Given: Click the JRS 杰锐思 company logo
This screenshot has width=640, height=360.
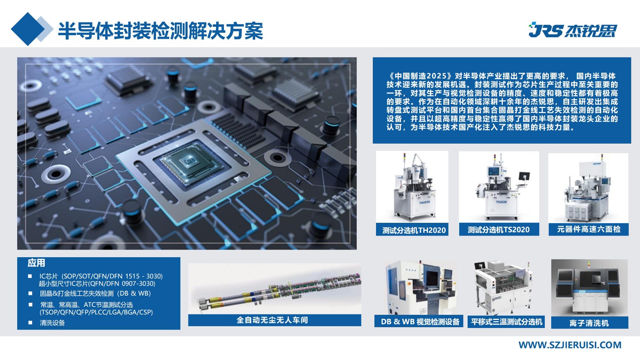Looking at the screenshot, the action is point(572,30).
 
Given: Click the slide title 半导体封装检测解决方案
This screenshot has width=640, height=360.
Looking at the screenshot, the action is point(160,30).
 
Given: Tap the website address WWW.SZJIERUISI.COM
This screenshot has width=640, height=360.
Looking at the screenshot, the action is point(570,345).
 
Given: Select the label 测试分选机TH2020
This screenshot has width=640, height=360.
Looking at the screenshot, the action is point(414,230).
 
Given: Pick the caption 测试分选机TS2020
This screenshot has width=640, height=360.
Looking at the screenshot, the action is point(498,230).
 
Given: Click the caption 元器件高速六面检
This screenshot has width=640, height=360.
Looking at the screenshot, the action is point(588,229).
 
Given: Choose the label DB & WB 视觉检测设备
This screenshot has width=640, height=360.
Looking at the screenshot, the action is point(420,322).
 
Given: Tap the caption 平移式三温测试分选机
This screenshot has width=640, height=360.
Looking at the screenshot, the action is point(506,322).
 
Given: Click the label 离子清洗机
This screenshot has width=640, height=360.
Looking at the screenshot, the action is point(589,323).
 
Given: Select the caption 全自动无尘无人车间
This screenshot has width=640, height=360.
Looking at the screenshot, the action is point(272,320).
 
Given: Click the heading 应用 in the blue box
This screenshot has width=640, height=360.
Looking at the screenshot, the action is point(36,263).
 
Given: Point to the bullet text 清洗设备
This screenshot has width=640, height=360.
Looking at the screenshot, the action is point(52,323).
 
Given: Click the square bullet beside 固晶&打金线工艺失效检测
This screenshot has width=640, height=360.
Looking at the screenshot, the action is point(30,293).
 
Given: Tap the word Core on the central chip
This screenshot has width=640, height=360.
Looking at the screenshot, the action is point(190,160).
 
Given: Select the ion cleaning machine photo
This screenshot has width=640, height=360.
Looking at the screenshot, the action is point(590,288).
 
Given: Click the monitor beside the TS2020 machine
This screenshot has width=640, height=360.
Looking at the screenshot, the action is point(524,176).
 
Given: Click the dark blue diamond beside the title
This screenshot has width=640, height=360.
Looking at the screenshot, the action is point(28,29).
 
